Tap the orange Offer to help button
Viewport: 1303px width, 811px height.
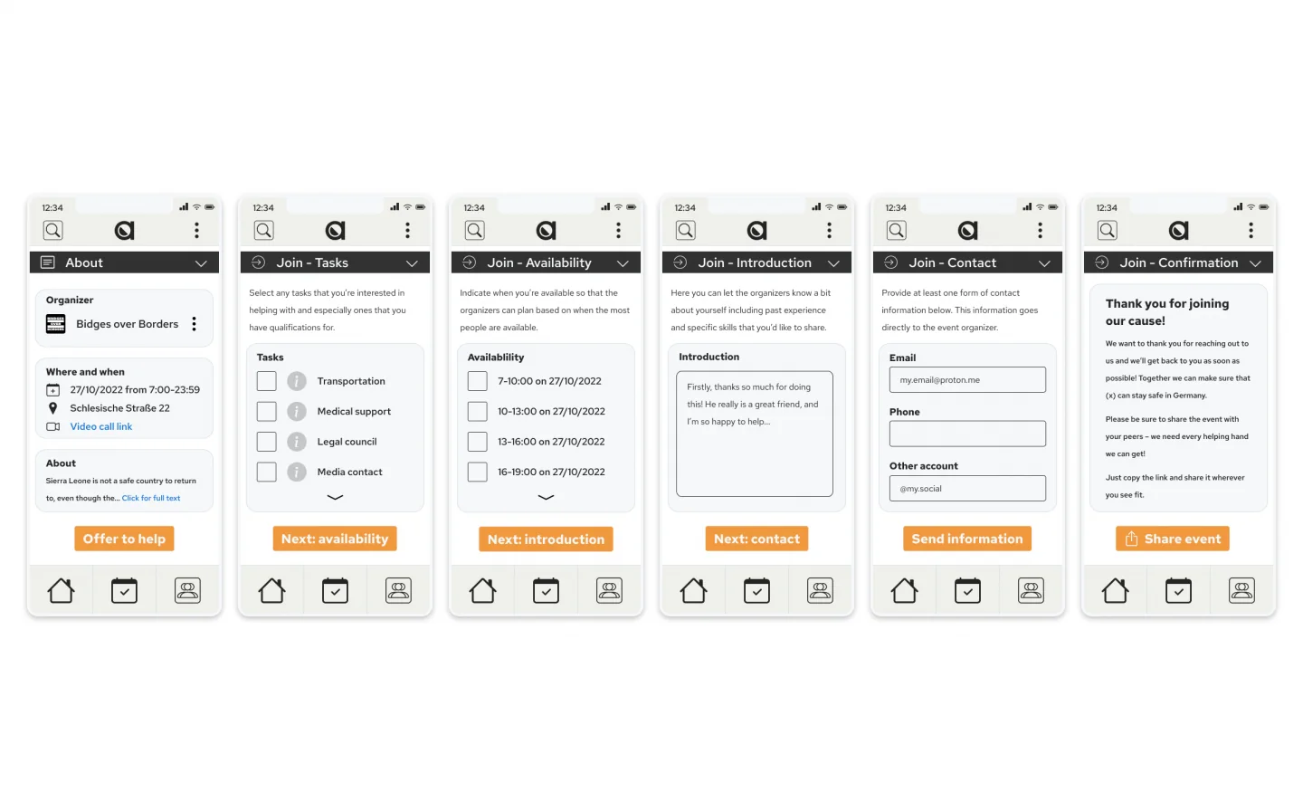pyautogui.click(x=124, y=539)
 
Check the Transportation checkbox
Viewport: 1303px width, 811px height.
pyautogui.click(x=266, y=381)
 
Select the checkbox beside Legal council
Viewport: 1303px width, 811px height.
pyautogui.click(x=266, y=442)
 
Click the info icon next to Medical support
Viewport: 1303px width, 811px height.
pyautogui.click(x=297, y=411)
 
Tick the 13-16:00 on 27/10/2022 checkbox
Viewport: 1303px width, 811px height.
pyautogui.click(x=478, y=442)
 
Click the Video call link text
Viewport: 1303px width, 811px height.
pyautogui.click(x=101, y=426)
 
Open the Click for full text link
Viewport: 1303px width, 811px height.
pyautogui.click(x=151, y=498)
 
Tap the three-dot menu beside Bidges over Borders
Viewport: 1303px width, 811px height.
pyautogui.click(x=195, y=324)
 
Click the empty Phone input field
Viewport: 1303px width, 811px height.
pyautogui.click(x=967, y=434)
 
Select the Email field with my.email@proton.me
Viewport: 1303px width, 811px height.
pyautogui.click(x=967, y=380)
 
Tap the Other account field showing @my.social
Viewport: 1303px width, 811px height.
pyautogui.click(x=967, y=488)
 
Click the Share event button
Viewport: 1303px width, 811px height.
pyautogui.click(x=1172, y=539)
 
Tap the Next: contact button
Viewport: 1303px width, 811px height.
pyautogui.click(x=756, y=539)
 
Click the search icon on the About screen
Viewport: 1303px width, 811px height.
pyautogui.click(x=52, y=231)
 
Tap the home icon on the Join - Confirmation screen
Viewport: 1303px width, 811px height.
pyautogui.click(x=1115, y=590)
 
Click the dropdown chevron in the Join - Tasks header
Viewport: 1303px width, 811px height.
pyautogui.click(x=412, y=263)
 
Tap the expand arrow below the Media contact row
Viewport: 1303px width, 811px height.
pyautogui.click(x=335, y=497)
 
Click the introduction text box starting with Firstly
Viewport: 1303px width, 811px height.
pyautogui.click(x=755, y=434)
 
